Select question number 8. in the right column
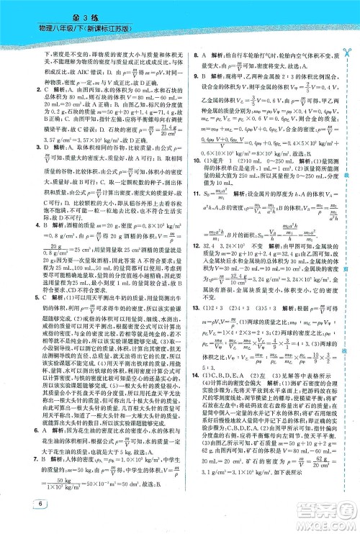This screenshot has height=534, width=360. pyautogui.click(x=187, y=55)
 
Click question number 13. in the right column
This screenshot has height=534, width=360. pyautogui.click(x=189, y=327)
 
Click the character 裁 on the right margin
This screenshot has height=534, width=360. pyautogui.click(x=347, y=176)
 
